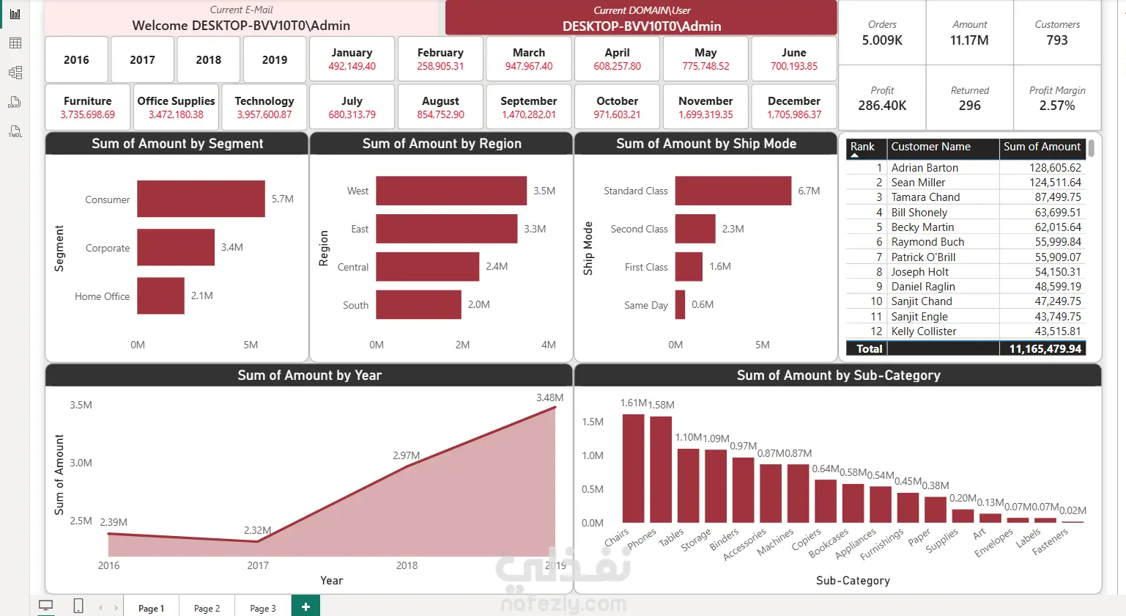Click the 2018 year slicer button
click(x=209, y=60)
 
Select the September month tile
click(x=529, y=107)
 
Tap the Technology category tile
click(x=264, y=107)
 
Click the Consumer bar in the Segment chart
click(x=201, y=199)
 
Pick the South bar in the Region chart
click(x=418, y=304)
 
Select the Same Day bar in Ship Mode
click(x=680, y=304)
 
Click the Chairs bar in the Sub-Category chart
click(x=634, y=469)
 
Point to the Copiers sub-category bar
click(x=826, y=502)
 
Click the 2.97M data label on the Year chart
click(x=406, y=455)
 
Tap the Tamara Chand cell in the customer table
click(x=925, y=197)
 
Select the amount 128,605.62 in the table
click(x=1055, y=168)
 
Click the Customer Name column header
click(x=931, y=147)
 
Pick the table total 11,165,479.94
click(x=1045, y=349)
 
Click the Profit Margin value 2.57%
click(x=1057, y=106)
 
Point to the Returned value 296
click(x=970, y=106)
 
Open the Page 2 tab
click(x=207, y=608)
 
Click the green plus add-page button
click(x=305, y=606)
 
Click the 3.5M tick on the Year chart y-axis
click(x=81, y=405)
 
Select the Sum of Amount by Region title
click(x=442, y=144)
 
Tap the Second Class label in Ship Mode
click(x=639, y=229)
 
